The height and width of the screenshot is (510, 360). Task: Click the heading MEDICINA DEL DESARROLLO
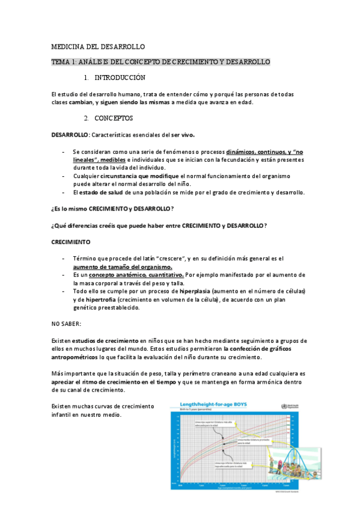pyautogui.click(x=98, y=46)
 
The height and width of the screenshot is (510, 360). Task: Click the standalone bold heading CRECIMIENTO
pyautogui.click(x=71, y=242)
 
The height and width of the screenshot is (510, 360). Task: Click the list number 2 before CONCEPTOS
pyautogui.click(x=87, y=118)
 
